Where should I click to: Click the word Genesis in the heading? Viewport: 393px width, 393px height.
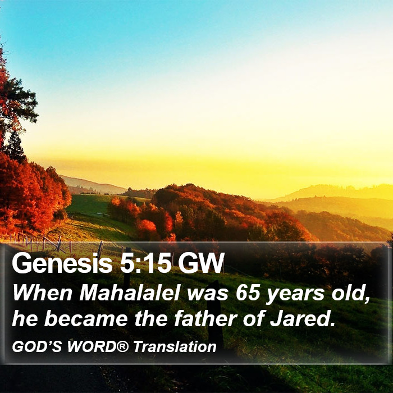pos(62,263)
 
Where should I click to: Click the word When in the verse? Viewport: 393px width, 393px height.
pos(42,293)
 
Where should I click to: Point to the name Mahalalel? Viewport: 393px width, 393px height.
pos(130,293)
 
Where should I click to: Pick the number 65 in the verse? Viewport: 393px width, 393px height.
pos(248,293)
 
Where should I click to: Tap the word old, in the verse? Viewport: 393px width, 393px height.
pos(351,293)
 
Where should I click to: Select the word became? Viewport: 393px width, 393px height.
pos(86,318)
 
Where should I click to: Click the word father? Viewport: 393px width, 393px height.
pos(205,318)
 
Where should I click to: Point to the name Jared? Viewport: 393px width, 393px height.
pos(302,318)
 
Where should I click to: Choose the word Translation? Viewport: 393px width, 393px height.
pos(175,346)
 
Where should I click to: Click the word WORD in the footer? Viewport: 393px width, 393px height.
pos(92,346)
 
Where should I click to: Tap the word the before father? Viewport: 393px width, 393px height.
pos(151,318)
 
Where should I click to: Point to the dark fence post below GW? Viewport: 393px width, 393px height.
pos(215,313)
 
